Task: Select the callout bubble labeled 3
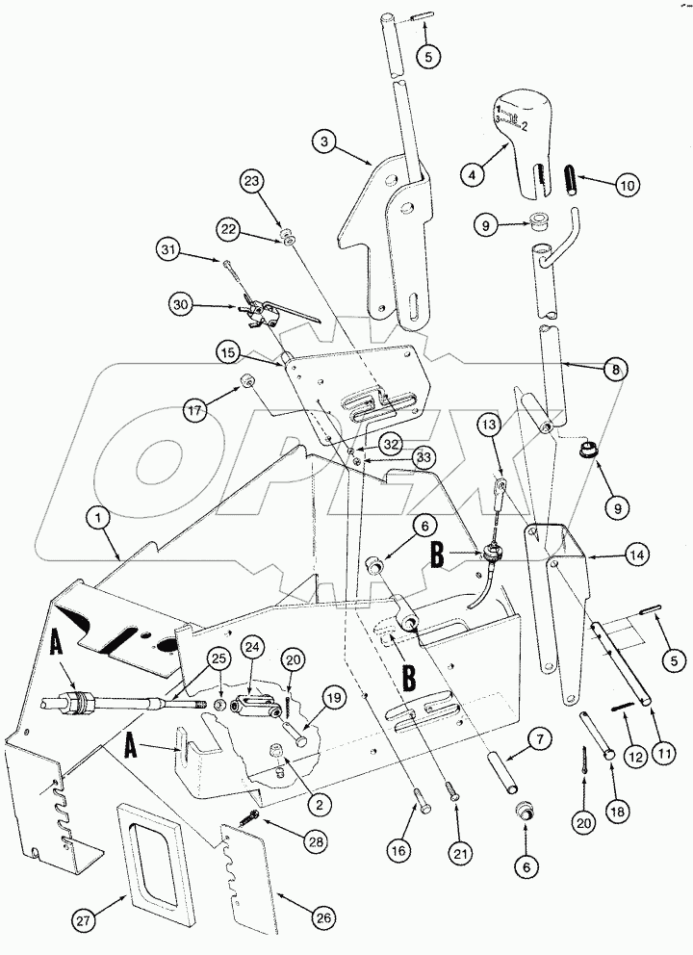pos(327,141)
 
